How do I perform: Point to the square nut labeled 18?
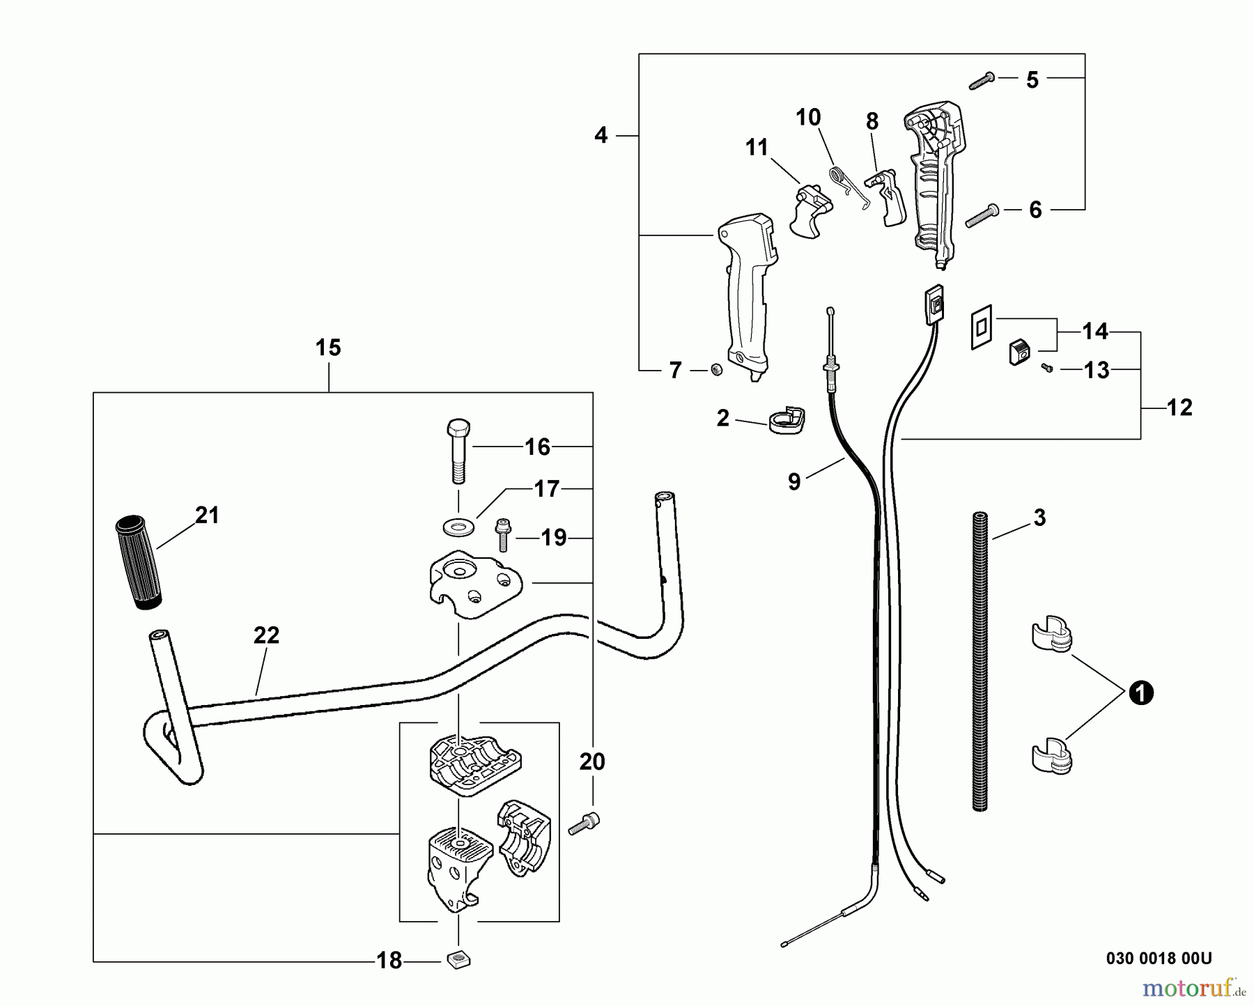[x=458, y=960]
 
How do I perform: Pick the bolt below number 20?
[x=584, y=823]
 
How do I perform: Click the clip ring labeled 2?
[x=786, y=420]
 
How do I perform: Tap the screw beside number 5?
[x=983, y=82]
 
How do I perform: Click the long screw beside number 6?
[x=982, y=215]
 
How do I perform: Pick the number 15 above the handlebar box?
[x=328, y=347]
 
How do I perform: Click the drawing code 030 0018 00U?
[x=1159, y=959]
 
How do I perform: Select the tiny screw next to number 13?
[x=1046, y=368]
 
